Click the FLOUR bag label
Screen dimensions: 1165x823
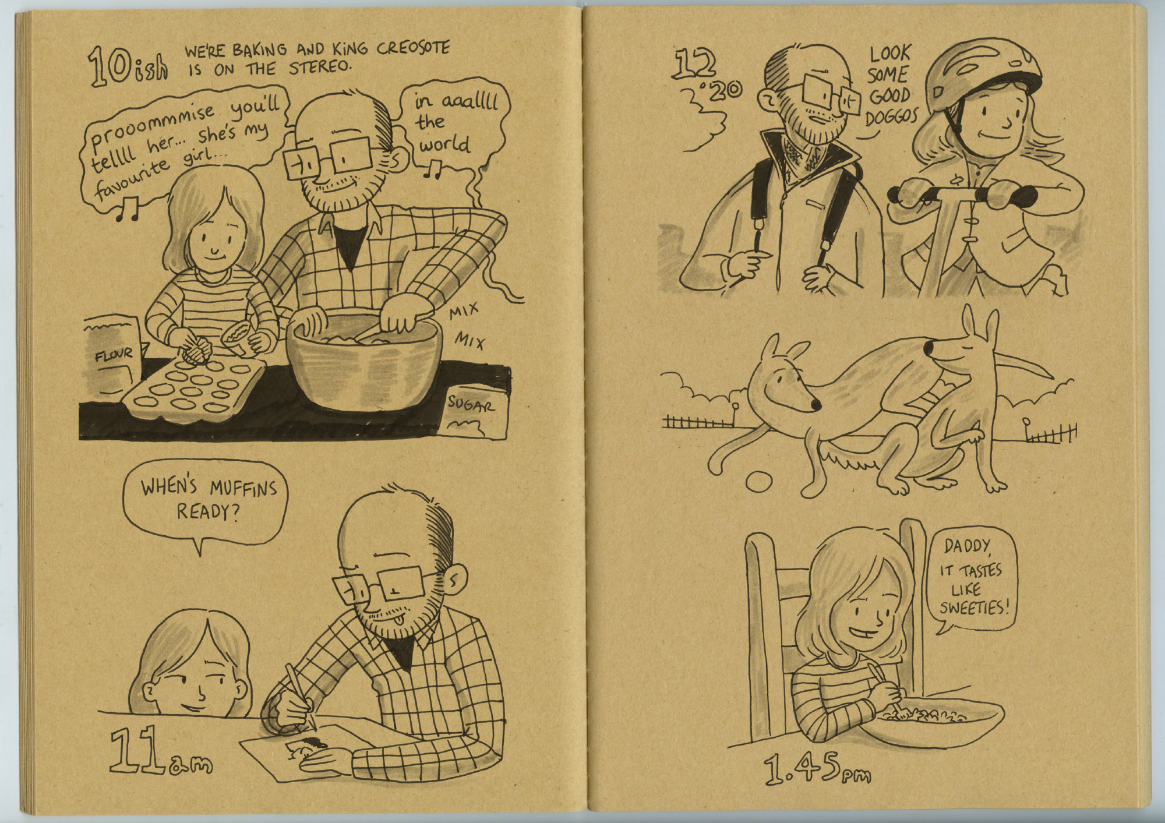coord(113,354)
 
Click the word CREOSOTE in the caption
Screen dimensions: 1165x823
coord(413,48)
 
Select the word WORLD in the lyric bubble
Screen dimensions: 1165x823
coord(446,144)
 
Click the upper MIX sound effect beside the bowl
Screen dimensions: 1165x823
coord(464,315)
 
